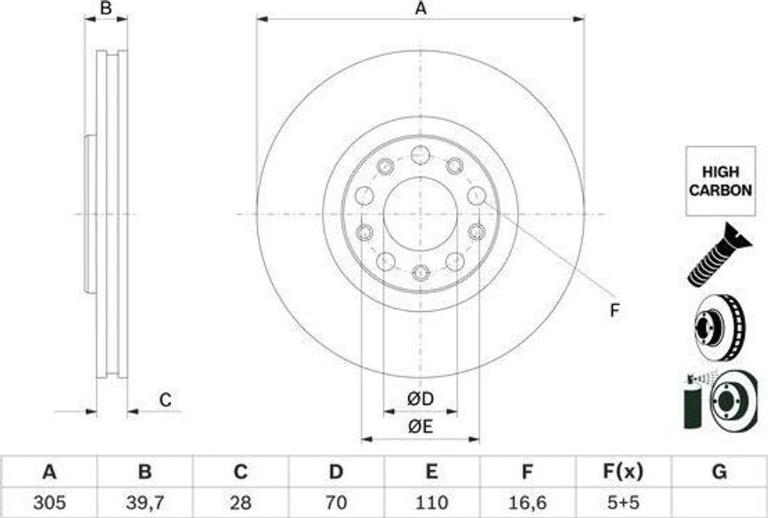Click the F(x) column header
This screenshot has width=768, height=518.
click(622, 472)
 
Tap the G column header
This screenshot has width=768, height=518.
click(718, 472)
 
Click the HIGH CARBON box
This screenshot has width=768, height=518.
click(720, 181)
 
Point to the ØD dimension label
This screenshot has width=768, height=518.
click(421, 400)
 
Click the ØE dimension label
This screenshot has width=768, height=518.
click(421, 427)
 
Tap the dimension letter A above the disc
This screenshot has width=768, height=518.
click(421, 9)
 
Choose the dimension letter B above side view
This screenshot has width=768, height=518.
click(106, 9)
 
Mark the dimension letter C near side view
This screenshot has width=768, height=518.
click(165, 400)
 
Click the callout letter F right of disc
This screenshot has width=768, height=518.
click(614, 310)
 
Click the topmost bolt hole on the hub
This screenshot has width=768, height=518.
click(421, 154)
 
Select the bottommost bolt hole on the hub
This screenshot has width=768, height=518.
click(421, 272)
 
